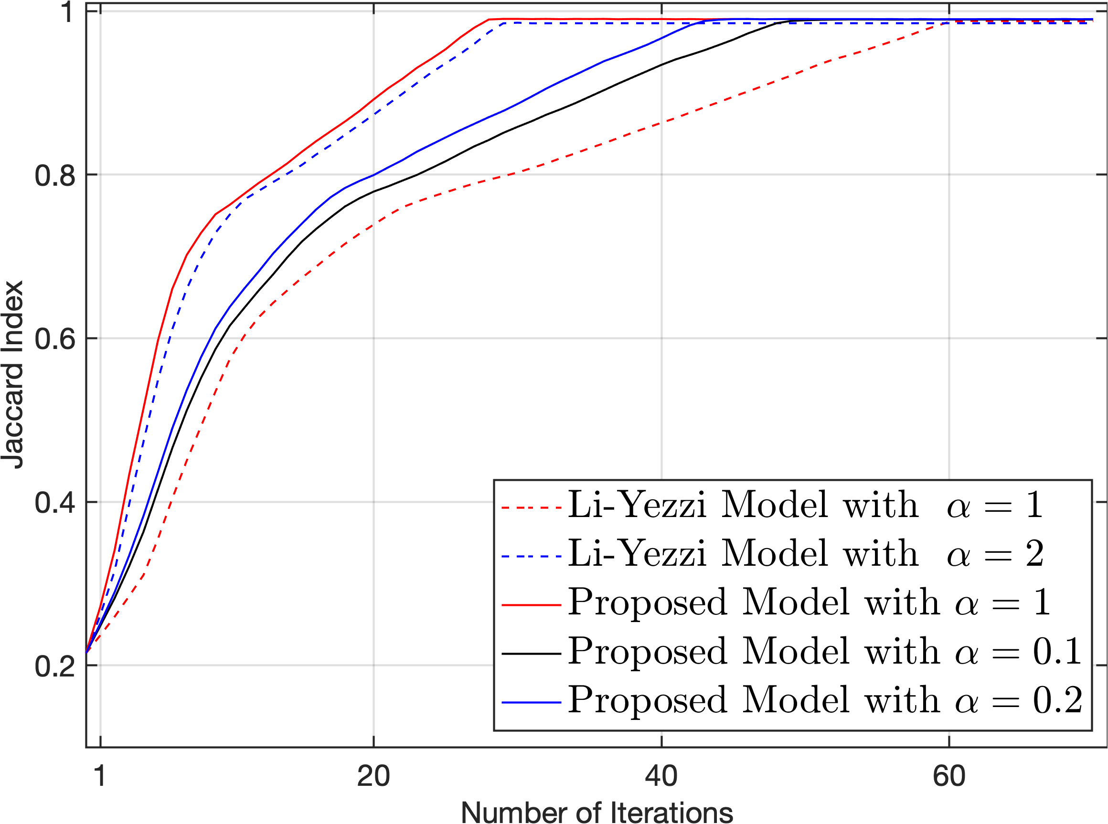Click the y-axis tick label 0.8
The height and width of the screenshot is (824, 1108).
(55, 176)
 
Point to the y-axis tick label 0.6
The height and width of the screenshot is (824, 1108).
(55, 339)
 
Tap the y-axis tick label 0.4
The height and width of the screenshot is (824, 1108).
(55, 503)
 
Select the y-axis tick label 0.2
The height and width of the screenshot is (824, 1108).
(55, 666)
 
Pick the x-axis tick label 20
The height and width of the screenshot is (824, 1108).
(373, 776)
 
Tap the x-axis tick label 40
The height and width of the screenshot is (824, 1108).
(661, 776)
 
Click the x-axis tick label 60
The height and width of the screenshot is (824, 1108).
(949, 776)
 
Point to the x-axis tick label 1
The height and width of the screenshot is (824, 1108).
(100, 776)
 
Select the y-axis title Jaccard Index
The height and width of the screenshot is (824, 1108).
(12, 375)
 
